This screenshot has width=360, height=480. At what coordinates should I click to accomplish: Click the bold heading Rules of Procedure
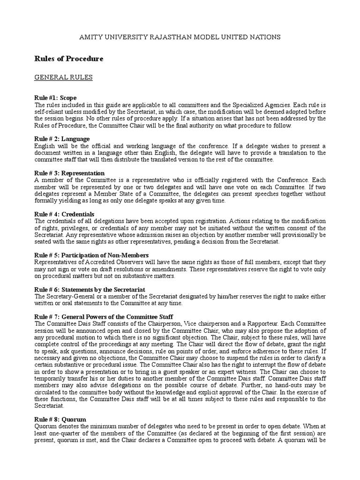pyautogui.click(x=69, y=59)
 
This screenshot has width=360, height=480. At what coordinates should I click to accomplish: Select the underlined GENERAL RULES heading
pyautogui.click(x=64, y=77)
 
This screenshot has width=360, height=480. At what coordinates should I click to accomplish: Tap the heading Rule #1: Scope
pyautogui.click(x=55, y=98)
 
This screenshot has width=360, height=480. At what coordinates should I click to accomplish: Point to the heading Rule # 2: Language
pyautogui.click(x=62, y=139)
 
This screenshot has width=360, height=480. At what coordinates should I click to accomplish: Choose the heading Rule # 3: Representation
pyautogui.click(x=69, y=173)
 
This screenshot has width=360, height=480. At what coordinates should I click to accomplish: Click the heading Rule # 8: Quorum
pyautogui.click(x=60, y=419)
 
